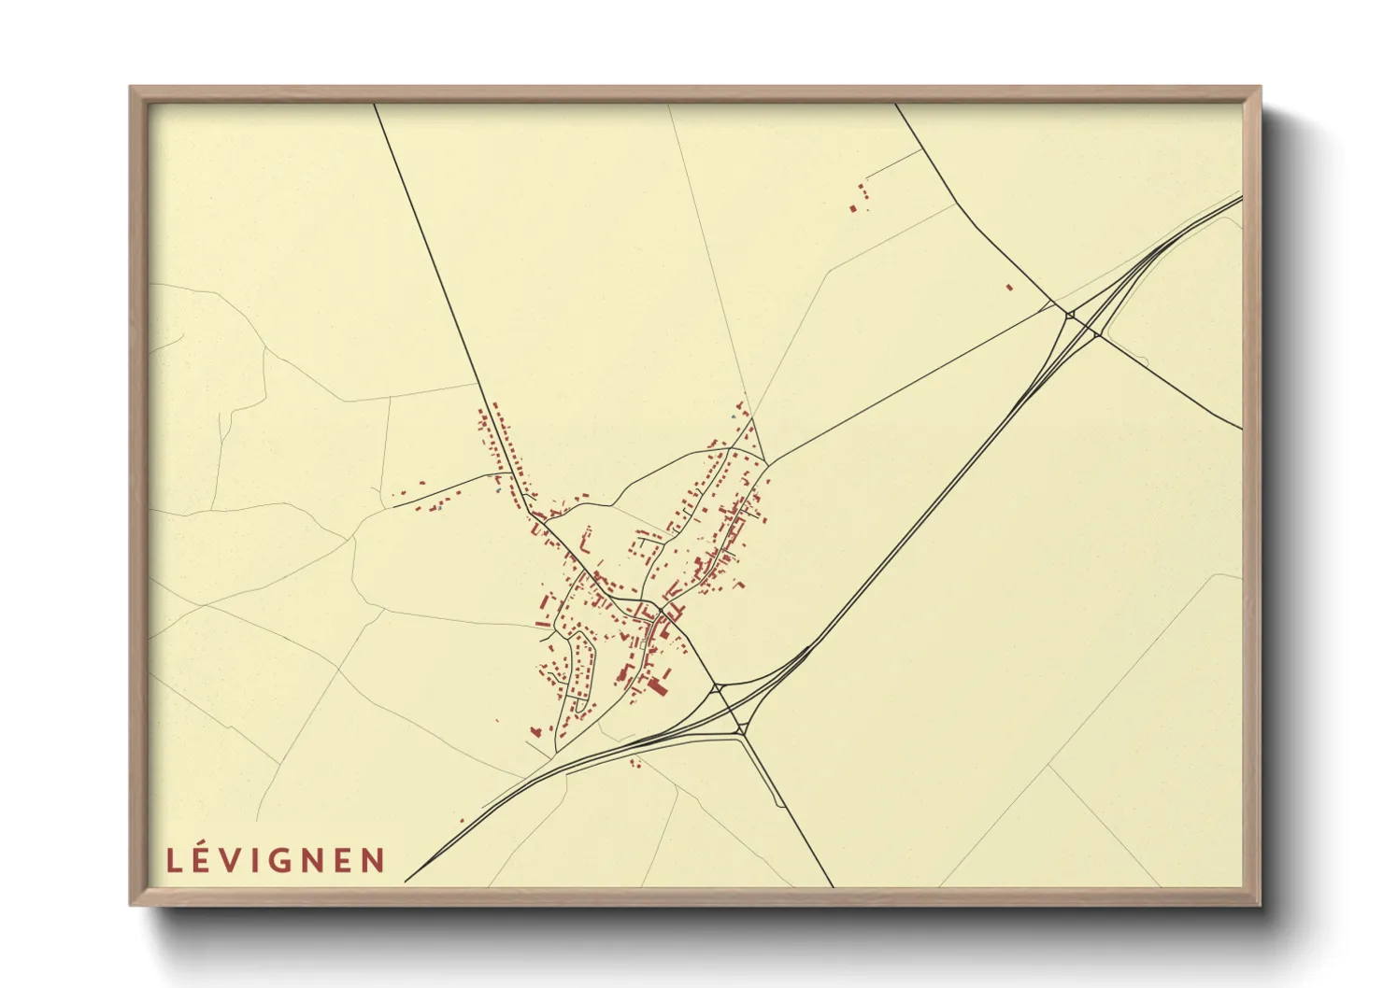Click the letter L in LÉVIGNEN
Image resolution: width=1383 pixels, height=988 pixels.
[174, 860]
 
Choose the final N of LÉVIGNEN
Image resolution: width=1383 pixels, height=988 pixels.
[374, 860]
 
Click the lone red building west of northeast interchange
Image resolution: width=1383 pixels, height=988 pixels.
[1009, 287]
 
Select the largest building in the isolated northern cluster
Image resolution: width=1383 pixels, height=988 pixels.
[853, 208]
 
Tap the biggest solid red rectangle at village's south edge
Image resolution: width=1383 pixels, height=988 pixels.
[657, 688]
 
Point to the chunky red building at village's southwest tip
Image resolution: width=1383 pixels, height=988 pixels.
[536, 731]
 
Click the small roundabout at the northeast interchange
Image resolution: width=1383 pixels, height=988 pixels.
[1070, 315]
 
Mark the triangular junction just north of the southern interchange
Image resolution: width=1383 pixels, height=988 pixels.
[719, 688]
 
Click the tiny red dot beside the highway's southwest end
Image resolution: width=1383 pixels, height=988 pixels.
[462, 821]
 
